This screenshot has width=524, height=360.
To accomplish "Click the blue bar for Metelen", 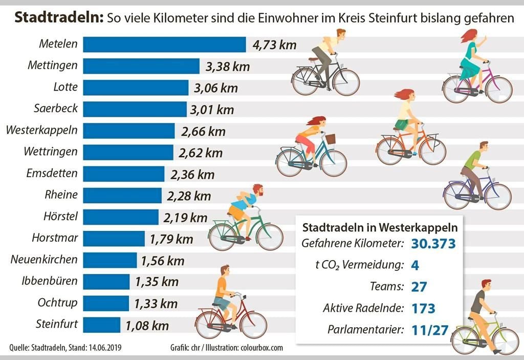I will point(164,45).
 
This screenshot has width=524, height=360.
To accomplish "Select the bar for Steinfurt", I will point(101,325).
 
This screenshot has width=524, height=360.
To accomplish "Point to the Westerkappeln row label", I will point(42,130).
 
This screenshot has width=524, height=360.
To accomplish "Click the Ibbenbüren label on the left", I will point(50,281).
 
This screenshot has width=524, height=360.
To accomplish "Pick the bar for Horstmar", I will point(114,238).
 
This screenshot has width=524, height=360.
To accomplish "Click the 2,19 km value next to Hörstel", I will point(185,217).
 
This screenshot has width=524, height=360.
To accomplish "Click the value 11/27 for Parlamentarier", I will point(429,330).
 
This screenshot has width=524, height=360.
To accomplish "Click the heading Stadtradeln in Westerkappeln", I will point(380,226).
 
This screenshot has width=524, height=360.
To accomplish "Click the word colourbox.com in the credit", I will point(261,348).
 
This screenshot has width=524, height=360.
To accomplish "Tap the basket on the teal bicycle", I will point(331,139).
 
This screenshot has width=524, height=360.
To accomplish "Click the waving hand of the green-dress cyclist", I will point(484,38).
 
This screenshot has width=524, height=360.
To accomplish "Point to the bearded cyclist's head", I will point(257,190).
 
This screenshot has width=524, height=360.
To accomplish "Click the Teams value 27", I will point(419,287).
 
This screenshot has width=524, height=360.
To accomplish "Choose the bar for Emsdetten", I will point(123,174).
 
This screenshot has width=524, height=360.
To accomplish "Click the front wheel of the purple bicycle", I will point(498,196).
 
